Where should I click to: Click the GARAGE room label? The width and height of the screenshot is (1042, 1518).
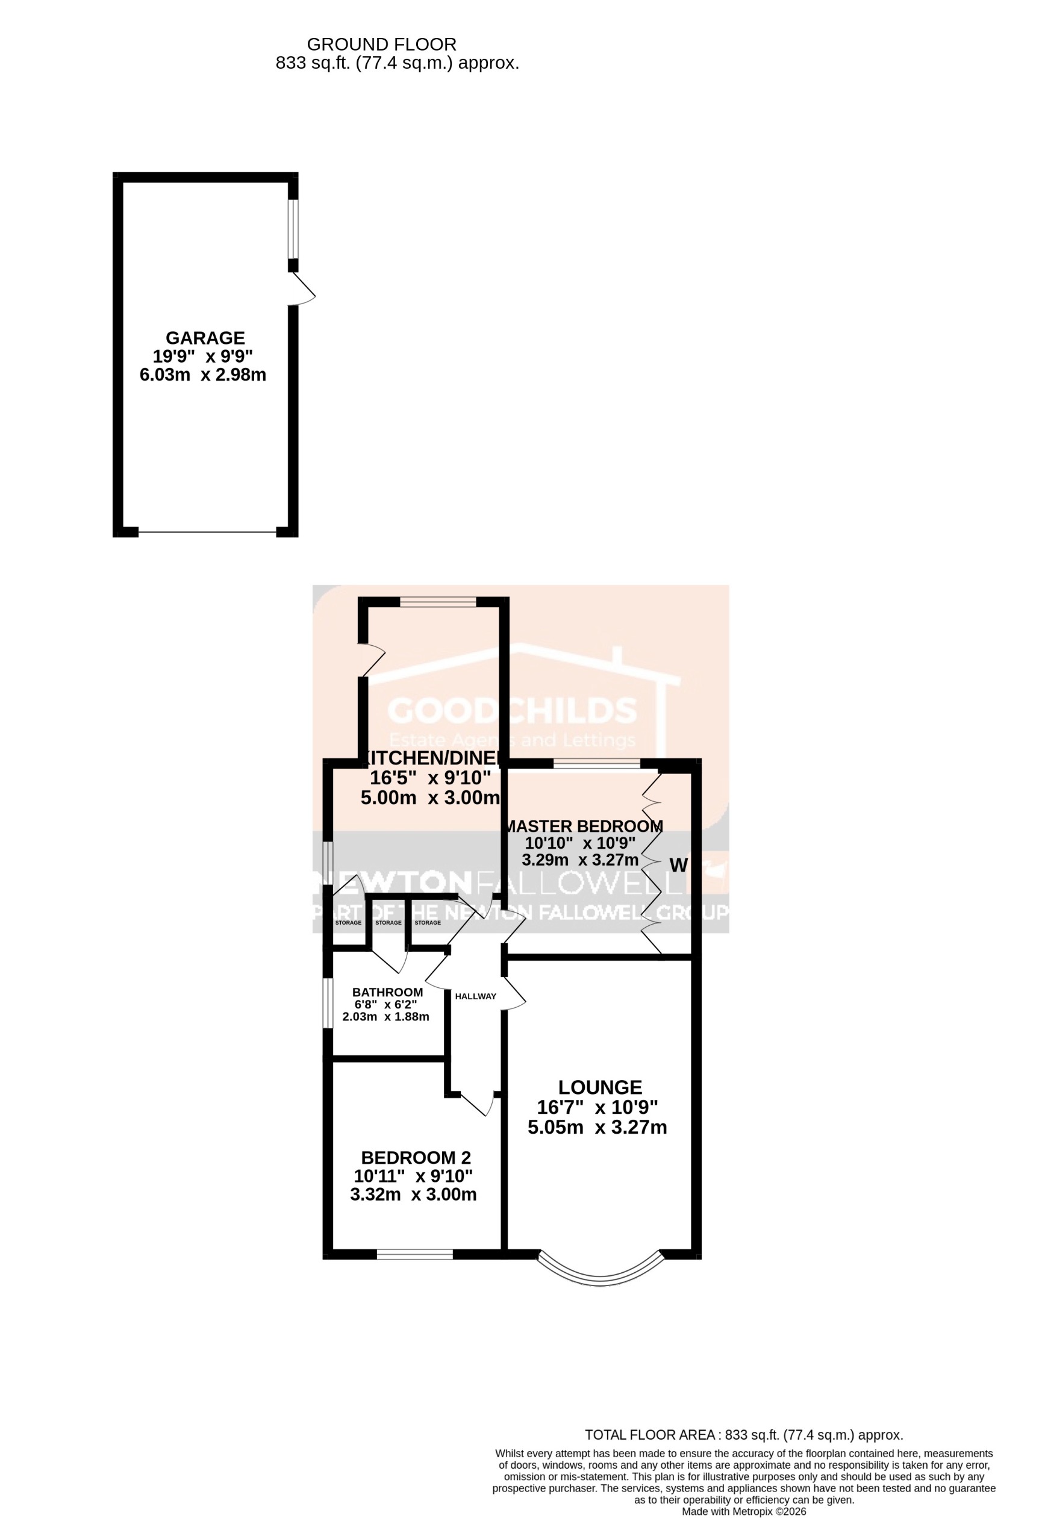[x=205, y=338]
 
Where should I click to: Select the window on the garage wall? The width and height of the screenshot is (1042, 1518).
[x=294, y=229]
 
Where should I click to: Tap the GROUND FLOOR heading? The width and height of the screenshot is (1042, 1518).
[x=381, y=45]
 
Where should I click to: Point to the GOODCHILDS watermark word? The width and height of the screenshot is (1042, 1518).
[x=513, y=711]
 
